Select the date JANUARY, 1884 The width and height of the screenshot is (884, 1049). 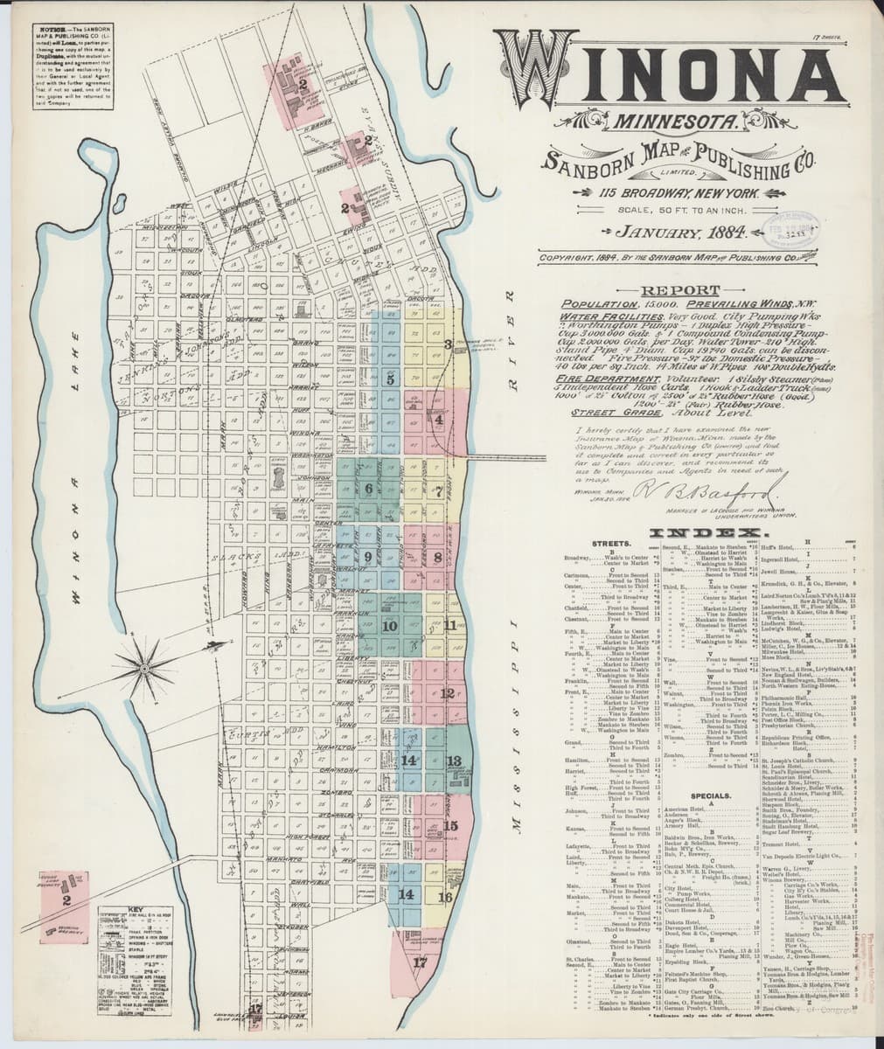point(679,233)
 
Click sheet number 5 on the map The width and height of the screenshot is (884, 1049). point(391,379)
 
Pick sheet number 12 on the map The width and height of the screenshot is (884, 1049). point(447,693)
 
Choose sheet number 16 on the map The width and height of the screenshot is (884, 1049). point(445,897)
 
